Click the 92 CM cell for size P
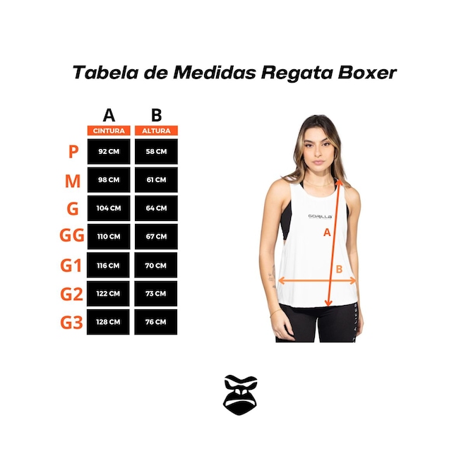pos(109,151)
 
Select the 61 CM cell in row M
pos(156,180)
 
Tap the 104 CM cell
pos(109,208)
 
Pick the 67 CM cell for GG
pos(156,237)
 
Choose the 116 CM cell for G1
pos(108,265)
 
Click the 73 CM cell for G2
pos(156,294)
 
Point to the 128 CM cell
pos(108,322)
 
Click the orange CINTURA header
pos(109,131)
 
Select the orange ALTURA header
pos(156,131)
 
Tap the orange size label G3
pos(71,323)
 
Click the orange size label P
pos(73,152)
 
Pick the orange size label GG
pos(72,236)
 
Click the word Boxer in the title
pos(367,73)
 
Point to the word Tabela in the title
pos(105,73)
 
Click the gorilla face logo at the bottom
pos(240,395)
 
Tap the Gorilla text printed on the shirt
pos(320,216)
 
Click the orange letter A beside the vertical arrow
pos(327,232)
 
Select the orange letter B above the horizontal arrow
pos(339,269)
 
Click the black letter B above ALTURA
pos(156,115)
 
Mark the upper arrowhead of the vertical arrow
pos(340,182)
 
